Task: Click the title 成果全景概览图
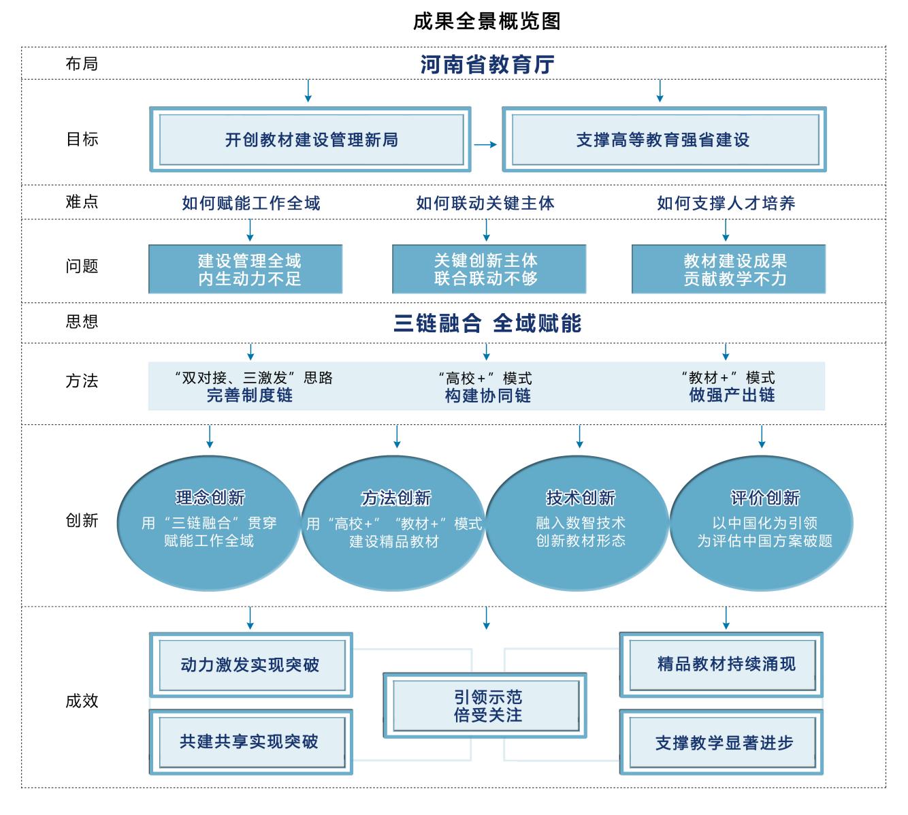[x=487, y=21]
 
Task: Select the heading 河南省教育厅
[x=487, y=65]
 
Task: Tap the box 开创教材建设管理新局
[x=310, y=140]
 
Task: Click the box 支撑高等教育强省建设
[x=663, y=140]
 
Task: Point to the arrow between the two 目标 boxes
[x=485, y=144]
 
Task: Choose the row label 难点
[x=82, y=202]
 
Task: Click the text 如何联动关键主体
[x=485, y=203]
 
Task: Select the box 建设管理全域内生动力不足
[x=246, y=270]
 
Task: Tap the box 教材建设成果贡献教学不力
[x=728, y=270]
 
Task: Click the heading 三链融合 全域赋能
[x=487, y=323]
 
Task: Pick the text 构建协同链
[x=487, y=396]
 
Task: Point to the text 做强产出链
[x=732, y=395]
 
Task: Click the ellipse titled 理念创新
[x=209, y=522]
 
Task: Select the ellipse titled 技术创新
[x=580, y=522]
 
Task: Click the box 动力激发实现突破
[x=250, y=665]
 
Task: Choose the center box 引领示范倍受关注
[x=485, y=705]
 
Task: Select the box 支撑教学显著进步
[x=721, y=743]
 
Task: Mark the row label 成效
[x=82, y=701]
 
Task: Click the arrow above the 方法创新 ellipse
[x=397, y=436]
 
